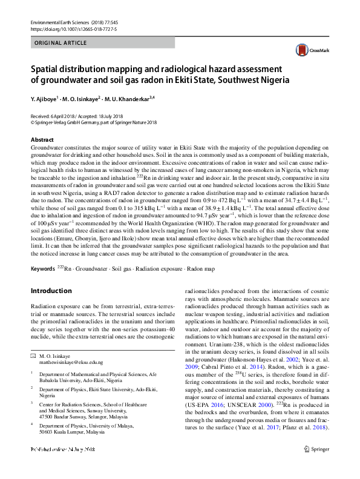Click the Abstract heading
tap(42, 140)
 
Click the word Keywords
tap(42, 268)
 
